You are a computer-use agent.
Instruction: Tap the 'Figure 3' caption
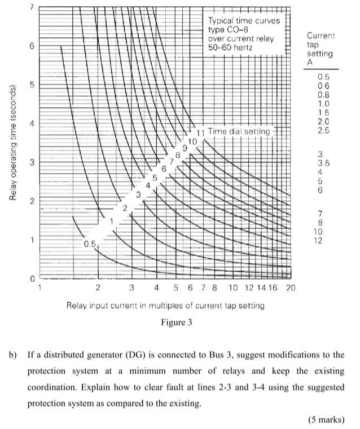(x=165, y=324)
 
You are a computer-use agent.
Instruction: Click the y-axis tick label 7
(x=32, y=7)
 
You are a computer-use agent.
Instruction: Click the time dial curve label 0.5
(x=89, y=245)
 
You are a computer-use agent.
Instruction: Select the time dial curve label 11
(x=200, y=132)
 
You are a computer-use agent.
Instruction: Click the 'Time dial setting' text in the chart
(x=239, y=131)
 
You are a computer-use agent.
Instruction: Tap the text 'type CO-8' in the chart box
(x=227, y=29)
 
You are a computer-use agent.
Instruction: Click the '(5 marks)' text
(x=326, y=418)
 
